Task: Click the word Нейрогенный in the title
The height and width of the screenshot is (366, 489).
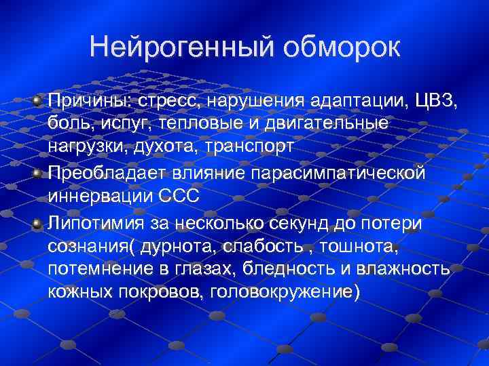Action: tap(180, 47)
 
